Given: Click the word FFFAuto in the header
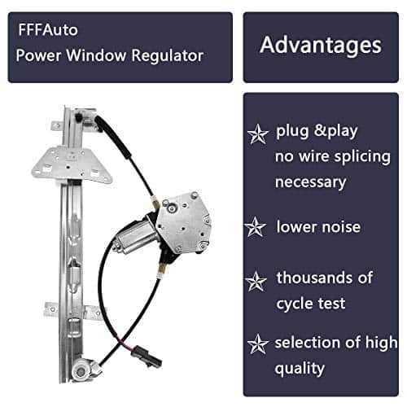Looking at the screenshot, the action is (48, 30).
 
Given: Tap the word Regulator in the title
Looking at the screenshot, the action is (168, 56).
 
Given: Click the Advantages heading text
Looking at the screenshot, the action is (321, 46).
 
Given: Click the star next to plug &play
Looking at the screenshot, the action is (257, 133).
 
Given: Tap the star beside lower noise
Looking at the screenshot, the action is (255, 227).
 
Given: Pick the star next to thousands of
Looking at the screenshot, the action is (256, 282).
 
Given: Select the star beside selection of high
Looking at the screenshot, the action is (258, 344).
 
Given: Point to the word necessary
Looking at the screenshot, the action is (311, 182).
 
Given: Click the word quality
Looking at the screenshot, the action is (300, 369).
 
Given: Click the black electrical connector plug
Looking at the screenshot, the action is (147, 357).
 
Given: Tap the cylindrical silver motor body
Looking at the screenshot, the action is (133, 237).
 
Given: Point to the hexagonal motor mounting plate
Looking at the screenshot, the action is (183, 223).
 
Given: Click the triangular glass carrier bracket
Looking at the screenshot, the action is (71, 164).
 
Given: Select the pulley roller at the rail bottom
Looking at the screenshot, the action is (81, 370).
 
